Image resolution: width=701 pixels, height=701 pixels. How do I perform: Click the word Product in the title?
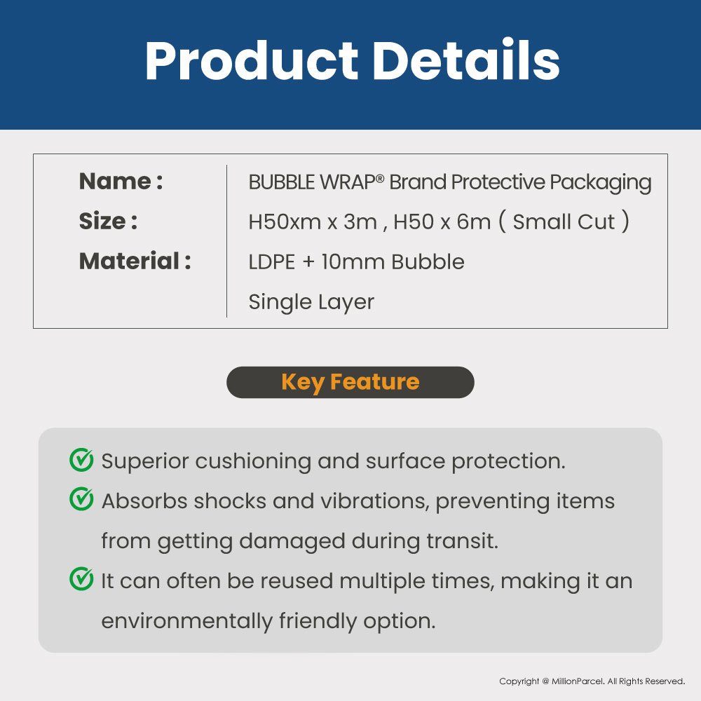pyautogui.click(x=252, y=60)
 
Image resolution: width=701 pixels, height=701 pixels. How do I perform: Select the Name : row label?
pyautogui.click(x=121, y=181)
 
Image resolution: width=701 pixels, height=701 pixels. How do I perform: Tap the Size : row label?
pyautogui.click(x=108, y=221)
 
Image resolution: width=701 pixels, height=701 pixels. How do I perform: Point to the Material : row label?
pyautogui.click(x=135, y=261)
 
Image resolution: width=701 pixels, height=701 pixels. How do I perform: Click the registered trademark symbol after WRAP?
pyautogui.click(x=379, y=178)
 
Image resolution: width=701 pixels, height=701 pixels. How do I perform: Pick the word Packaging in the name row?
pyautogui.click(x=601, y=183)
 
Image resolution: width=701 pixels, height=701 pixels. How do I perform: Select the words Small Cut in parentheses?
pyautogui.click(x=564, y=222)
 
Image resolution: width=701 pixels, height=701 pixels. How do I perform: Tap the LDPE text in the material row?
pyautogui.click(x=271, y=262)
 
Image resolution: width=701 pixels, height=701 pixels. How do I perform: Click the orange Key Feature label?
pyautogui.click(x=350, y=382)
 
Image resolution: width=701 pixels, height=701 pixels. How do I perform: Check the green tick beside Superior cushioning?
pyautogui.click(x=81, y=460)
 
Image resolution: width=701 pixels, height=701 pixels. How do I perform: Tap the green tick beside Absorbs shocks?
pyautogui.click(x=81, y=499)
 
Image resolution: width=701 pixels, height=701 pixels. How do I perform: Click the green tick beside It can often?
pyautogui.click(x=81, y=579)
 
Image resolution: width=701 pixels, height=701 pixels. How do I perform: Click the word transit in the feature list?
pyautogui.click(x=462, y=541)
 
